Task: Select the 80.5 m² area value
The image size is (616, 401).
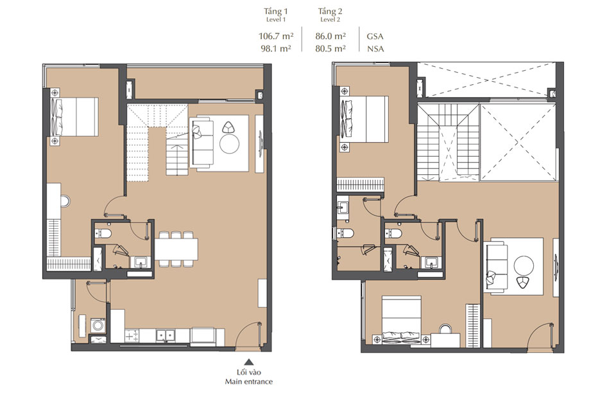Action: coord(331,48)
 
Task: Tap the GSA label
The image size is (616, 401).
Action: coord(375,37)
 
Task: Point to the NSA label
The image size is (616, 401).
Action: coord(375,48)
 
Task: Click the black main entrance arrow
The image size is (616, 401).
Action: coord(248,362)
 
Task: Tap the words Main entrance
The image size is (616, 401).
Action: coord(248,382)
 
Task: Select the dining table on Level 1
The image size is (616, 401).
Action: coord(175,248)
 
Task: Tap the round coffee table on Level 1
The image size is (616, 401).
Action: coord(229,143)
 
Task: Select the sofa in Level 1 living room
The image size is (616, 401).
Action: coord(203,143)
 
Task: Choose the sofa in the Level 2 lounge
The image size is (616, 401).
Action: coord(496,264)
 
